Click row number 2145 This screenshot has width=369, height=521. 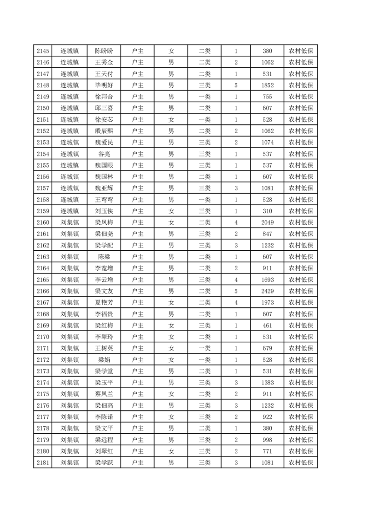(42, 51)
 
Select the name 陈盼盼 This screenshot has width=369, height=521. (104, 51)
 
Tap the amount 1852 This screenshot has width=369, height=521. (267, 85)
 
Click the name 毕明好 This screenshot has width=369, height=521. (104, 85)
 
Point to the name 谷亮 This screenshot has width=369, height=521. (104, 154)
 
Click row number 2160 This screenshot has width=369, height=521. (42, 222)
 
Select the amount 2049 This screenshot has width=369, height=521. (267, 222)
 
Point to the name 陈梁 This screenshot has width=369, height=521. (104, 257)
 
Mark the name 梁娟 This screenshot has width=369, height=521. (104, 359)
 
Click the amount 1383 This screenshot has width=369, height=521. (267, 382)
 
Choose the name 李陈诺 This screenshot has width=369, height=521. (104, 417)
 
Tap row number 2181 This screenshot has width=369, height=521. (42, 462)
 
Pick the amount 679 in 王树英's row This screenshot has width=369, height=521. (267, 348)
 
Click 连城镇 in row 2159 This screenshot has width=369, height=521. (70, 211)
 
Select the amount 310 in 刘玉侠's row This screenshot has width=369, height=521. (267, 211)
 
